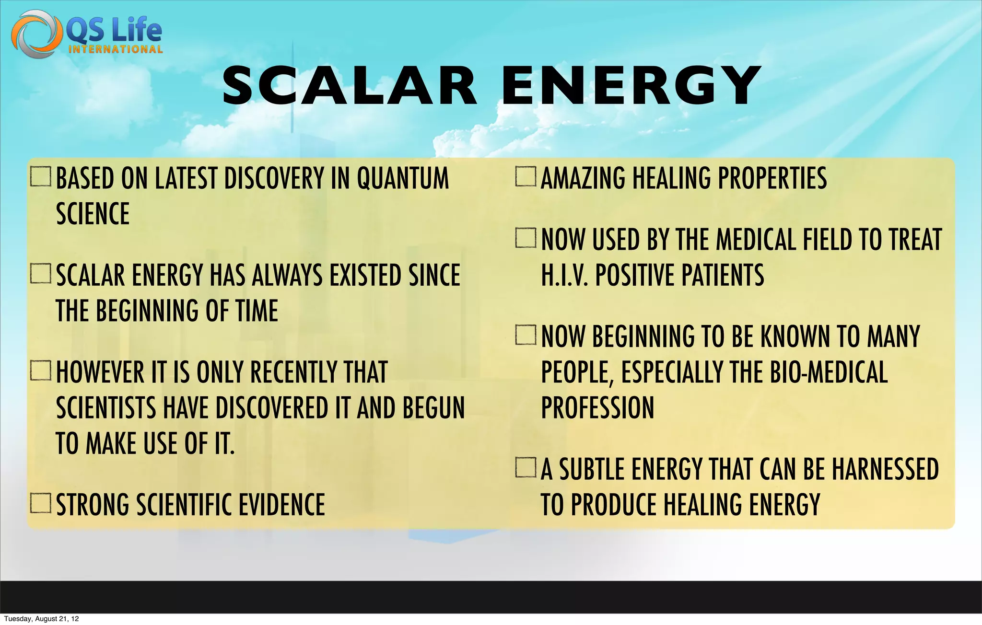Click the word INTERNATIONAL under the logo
pos(116,49)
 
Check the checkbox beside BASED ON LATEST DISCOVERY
pos(40,177)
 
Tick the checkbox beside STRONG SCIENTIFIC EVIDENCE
pos(40,503)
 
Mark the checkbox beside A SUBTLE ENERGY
pos(526,468)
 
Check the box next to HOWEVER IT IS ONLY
pos(40,370)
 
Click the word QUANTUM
pos(403,178)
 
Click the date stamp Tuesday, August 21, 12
pos(41,619)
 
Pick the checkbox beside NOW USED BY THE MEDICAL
pos(526,238)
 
